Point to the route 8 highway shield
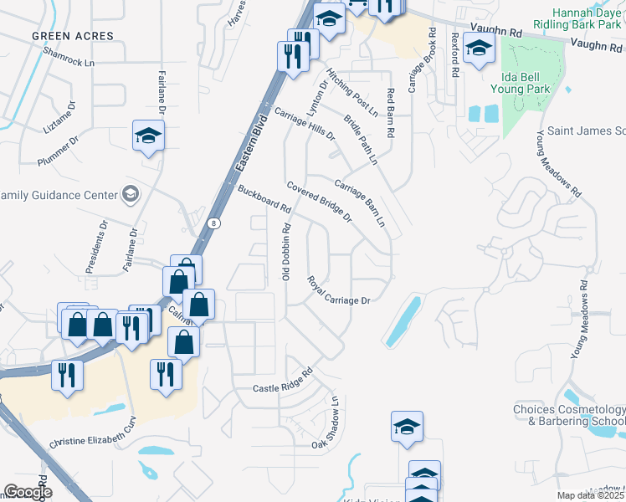[214, 223]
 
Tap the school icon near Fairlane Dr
[148, 136]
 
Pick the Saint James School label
[586, 131]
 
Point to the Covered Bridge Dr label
[319, 202]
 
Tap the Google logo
[27, 492]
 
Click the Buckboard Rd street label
[264, 197]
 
